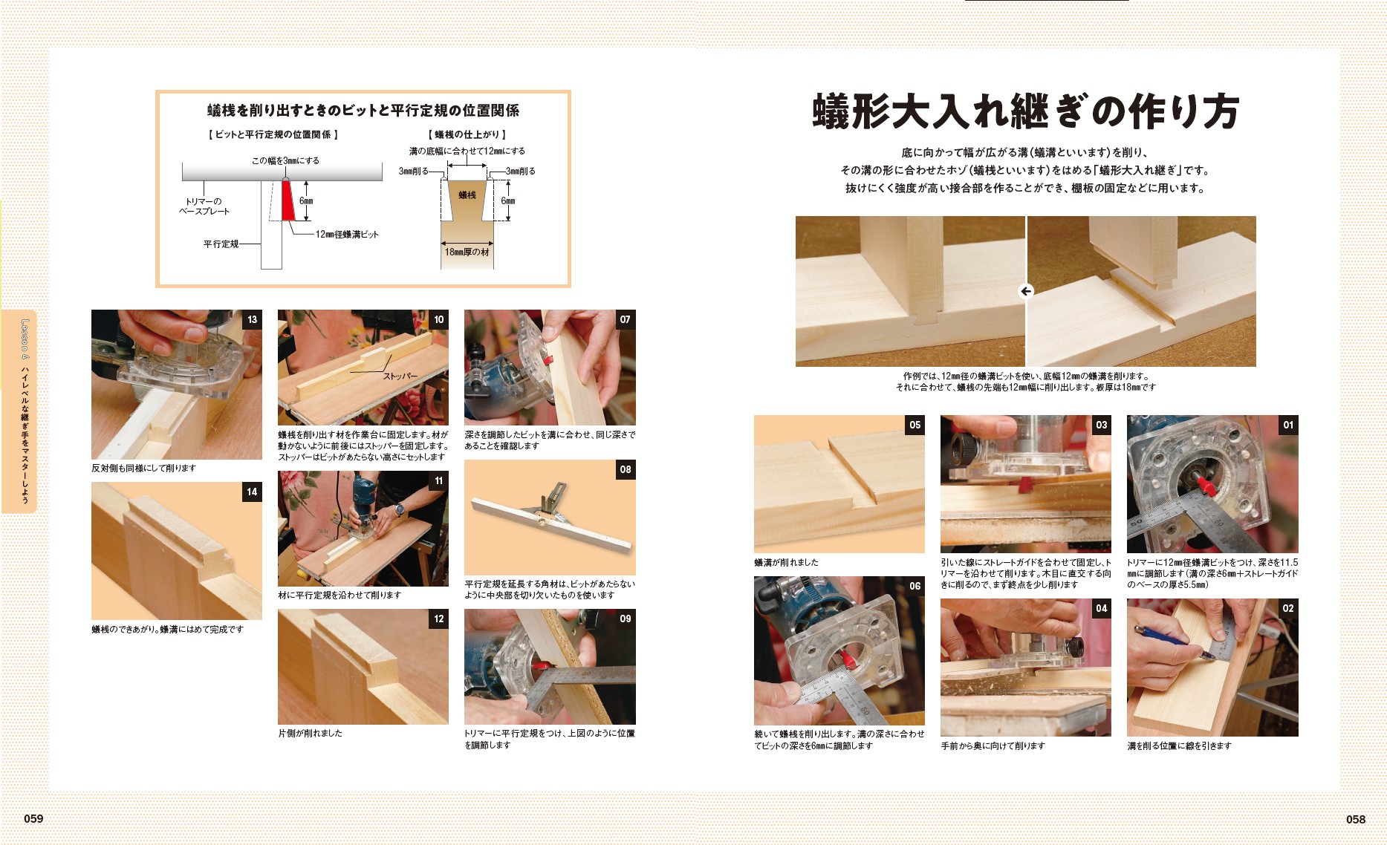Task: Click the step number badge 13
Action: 253,319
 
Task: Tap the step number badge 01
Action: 1288,425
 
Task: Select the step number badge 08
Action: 626,469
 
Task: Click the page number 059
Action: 33,818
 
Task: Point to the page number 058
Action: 1355,819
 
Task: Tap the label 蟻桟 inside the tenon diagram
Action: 467,195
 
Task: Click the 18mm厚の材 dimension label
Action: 467,252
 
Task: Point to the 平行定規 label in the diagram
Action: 221,244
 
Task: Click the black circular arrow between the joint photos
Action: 1026,291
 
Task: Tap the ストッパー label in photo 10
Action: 400,376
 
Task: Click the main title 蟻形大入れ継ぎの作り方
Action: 1025,111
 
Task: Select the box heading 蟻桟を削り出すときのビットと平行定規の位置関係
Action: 363,111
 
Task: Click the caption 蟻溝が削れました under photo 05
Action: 786,563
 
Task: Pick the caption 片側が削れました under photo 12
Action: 310,733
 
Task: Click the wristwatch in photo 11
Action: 400,509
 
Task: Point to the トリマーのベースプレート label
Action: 204,206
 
